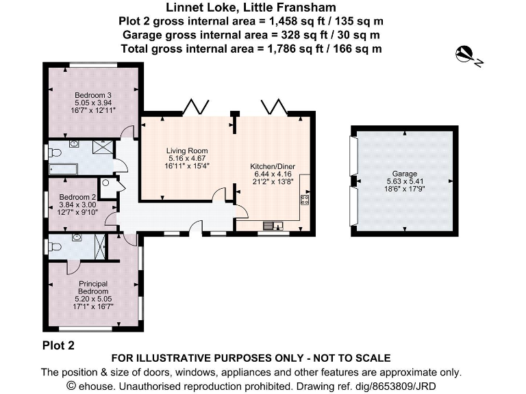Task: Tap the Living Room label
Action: (187, 150)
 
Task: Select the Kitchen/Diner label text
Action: (273, 166)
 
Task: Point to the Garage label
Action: (405, 174)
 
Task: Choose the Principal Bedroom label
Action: (93, 287)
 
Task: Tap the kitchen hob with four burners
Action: (305, 200)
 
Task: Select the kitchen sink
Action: (273, 226)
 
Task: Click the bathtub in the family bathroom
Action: (64, 169)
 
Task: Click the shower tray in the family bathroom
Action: (103, 147)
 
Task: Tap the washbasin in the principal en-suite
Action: (77, 237)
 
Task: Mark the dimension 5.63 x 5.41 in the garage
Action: (405, 181)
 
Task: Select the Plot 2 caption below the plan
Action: (58, 345)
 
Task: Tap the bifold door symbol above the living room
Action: (196, 106)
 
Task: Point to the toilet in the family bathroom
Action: (55, 153)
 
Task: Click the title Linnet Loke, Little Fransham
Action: (251, 8)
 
